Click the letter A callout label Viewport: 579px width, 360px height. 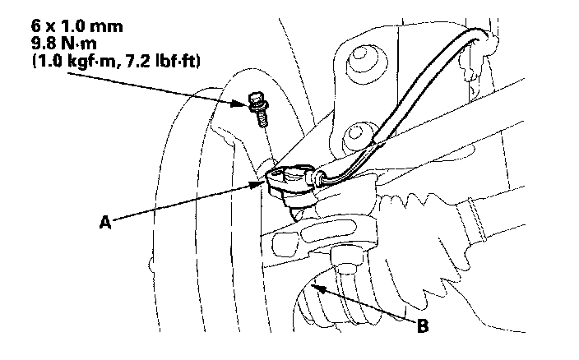click(x=104, y=221)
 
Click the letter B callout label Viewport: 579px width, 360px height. click(x=422, y=326)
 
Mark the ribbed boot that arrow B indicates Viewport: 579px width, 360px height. click(x=329, y=304)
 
